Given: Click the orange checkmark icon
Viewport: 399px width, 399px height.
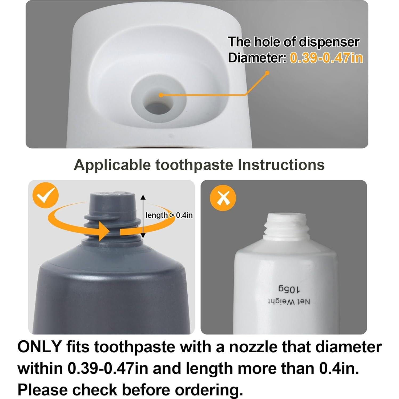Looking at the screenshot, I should [45, 195].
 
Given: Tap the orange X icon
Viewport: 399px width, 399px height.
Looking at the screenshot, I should [223, 198].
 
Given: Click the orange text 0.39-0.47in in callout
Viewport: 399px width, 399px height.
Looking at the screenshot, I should [326, 58].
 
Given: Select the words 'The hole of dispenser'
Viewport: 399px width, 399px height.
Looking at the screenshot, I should [293, 42].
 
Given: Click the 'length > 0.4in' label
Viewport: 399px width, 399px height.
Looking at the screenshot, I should [169, 215].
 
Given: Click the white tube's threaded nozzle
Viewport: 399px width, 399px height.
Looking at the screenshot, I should [287, 225].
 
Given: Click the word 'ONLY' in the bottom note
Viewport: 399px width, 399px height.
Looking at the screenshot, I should [39, 347].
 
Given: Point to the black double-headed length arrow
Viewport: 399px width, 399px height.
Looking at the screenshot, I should [143, 216].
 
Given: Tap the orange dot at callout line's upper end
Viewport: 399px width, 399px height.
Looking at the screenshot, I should [267, 72].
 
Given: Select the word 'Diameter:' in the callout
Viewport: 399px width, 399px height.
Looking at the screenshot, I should [257, 58].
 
